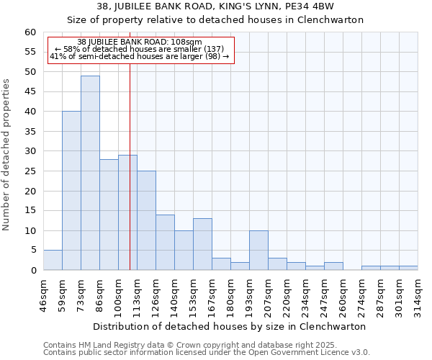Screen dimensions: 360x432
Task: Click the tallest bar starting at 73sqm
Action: coord(90,173)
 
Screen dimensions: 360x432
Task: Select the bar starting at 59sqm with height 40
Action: coord(71,191)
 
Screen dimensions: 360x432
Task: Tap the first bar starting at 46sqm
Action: coord(53,260)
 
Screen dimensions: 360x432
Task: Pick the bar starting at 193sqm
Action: coord(258,250)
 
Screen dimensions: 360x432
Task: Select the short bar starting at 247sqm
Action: coord(333,266)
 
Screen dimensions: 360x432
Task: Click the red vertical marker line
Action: coord(130,180)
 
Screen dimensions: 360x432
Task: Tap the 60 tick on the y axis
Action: coord(30,32)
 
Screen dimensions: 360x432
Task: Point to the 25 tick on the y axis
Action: coord(30,171)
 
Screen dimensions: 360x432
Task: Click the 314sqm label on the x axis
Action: coord(418,294)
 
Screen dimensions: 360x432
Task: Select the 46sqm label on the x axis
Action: coord(43,294)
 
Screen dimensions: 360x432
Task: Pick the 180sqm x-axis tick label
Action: coord(230,294)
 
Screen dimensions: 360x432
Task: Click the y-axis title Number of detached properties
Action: coord(7,156)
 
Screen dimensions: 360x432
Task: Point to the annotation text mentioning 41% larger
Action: coord(139,56)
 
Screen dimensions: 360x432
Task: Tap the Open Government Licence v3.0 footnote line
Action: coord(207,353)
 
